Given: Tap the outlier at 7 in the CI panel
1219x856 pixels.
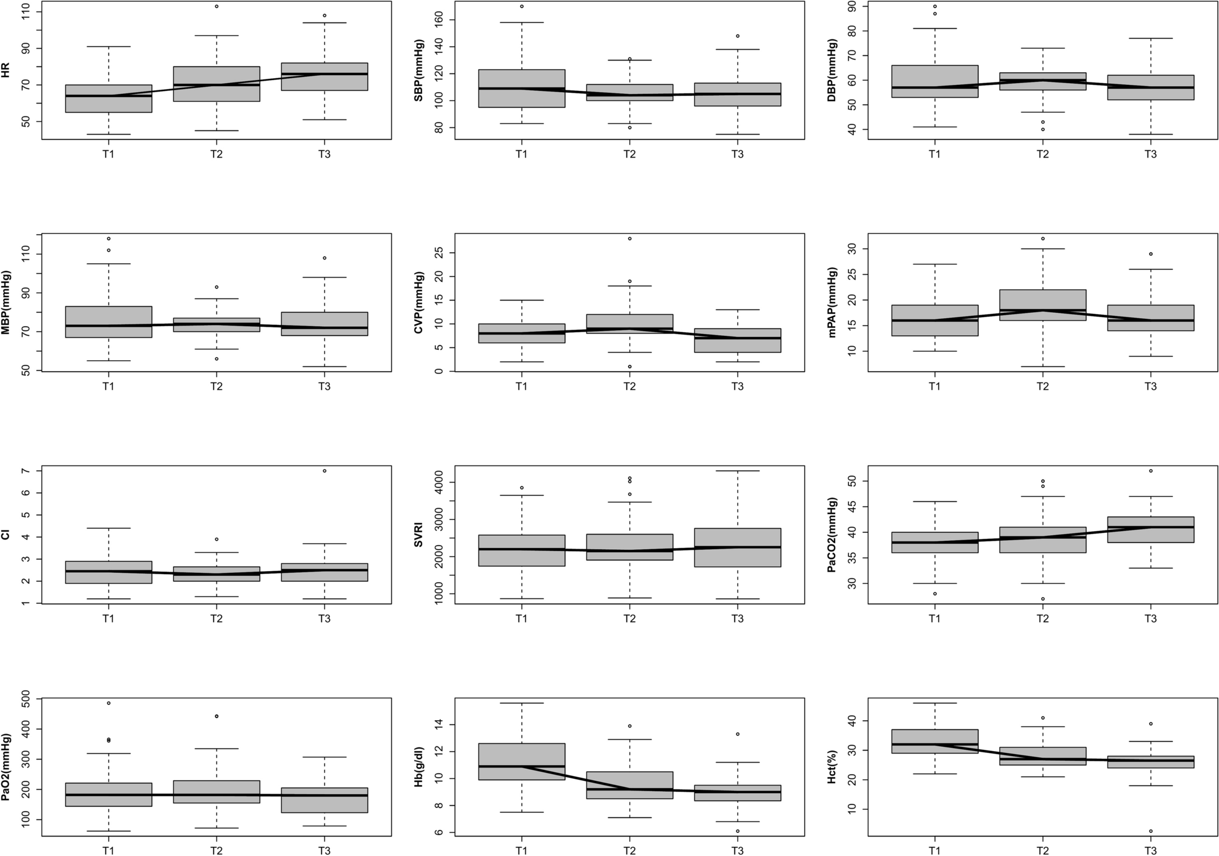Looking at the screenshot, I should click(324, 470).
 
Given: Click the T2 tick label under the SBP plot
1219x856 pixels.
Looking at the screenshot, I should click(629, 154).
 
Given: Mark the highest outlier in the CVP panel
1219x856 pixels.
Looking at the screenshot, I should click(630, 238).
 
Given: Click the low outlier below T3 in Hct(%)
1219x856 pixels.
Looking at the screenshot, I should click(1150, 831).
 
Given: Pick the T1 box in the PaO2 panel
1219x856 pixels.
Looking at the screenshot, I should click(109, 795).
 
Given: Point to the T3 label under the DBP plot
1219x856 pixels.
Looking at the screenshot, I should click(1150, 154).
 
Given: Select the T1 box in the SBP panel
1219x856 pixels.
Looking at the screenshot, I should click(522, 89).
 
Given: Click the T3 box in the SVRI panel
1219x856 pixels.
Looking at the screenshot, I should click(737, 547).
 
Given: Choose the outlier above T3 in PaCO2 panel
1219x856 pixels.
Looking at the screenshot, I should click(1150, 470).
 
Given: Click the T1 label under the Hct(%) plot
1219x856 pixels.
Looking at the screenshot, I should click(935, 851).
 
